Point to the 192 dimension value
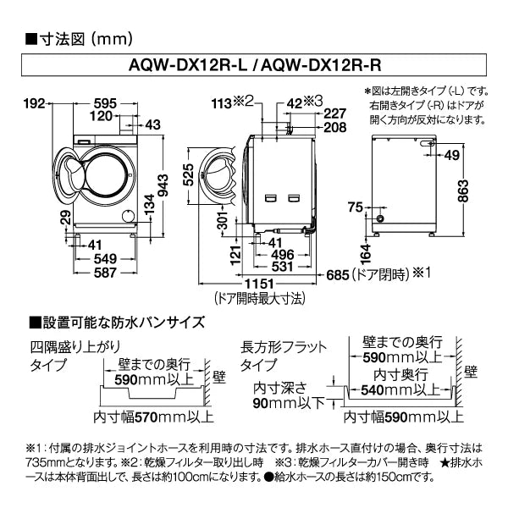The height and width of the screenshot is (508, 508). [x=33, y=104]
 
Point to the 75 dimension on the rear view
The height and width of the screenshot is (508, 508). [x=354, y=207]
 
